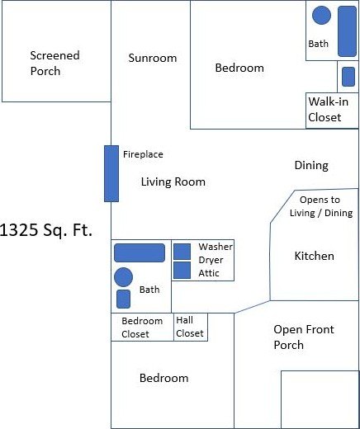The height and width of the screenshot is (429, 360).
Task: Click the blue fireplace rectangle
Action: [111, 173]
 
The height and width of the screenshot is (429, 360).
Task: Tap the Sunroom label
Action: [153, 58]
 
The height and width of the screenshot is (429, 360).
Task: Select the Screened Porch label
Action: [54, 64]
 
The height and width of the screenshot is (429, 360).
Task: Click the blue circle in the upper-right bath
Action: [321, 15]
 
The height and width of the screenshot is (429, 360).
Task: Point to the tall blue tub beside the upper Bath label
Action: [347, 31]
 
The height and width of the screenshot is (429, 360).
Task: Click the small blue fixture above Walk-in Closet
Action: [348, 77]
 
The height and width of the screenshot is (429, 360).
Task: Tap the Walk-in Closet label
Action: [328, 110]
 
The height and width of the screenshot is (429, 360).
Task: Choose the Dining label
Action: [311, 165]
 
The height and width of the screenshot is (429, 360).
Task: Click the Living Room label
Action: [173, 181]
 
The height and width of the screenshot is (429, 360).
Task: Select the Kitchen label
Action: [315, 256]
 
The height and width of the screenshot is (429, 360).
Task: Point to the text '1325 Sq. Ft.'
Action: [46, 230]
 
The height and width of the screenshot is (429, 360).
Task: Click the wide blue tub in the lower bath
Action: [140, 252]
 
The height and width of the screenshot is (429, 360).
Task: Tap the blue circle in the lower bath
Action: [123, 277]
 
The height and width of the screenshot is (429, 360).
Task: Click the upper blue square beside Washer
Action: [182, 252]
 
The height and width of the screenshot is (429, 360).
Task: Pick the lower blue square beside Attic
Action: [182, 271]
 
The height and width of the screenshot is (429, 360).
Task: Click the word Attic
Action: [209, 273]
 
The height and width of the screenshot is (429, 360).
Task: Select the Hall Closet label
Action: [190, 327]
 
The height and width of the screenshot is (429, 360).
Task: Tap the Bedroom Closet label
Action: [142, 328]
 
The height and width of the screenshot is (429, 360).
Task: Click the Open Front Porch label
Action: [304, 337]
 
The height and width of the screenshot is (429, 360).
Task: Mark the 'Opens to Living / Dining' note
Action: [321, 206]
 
